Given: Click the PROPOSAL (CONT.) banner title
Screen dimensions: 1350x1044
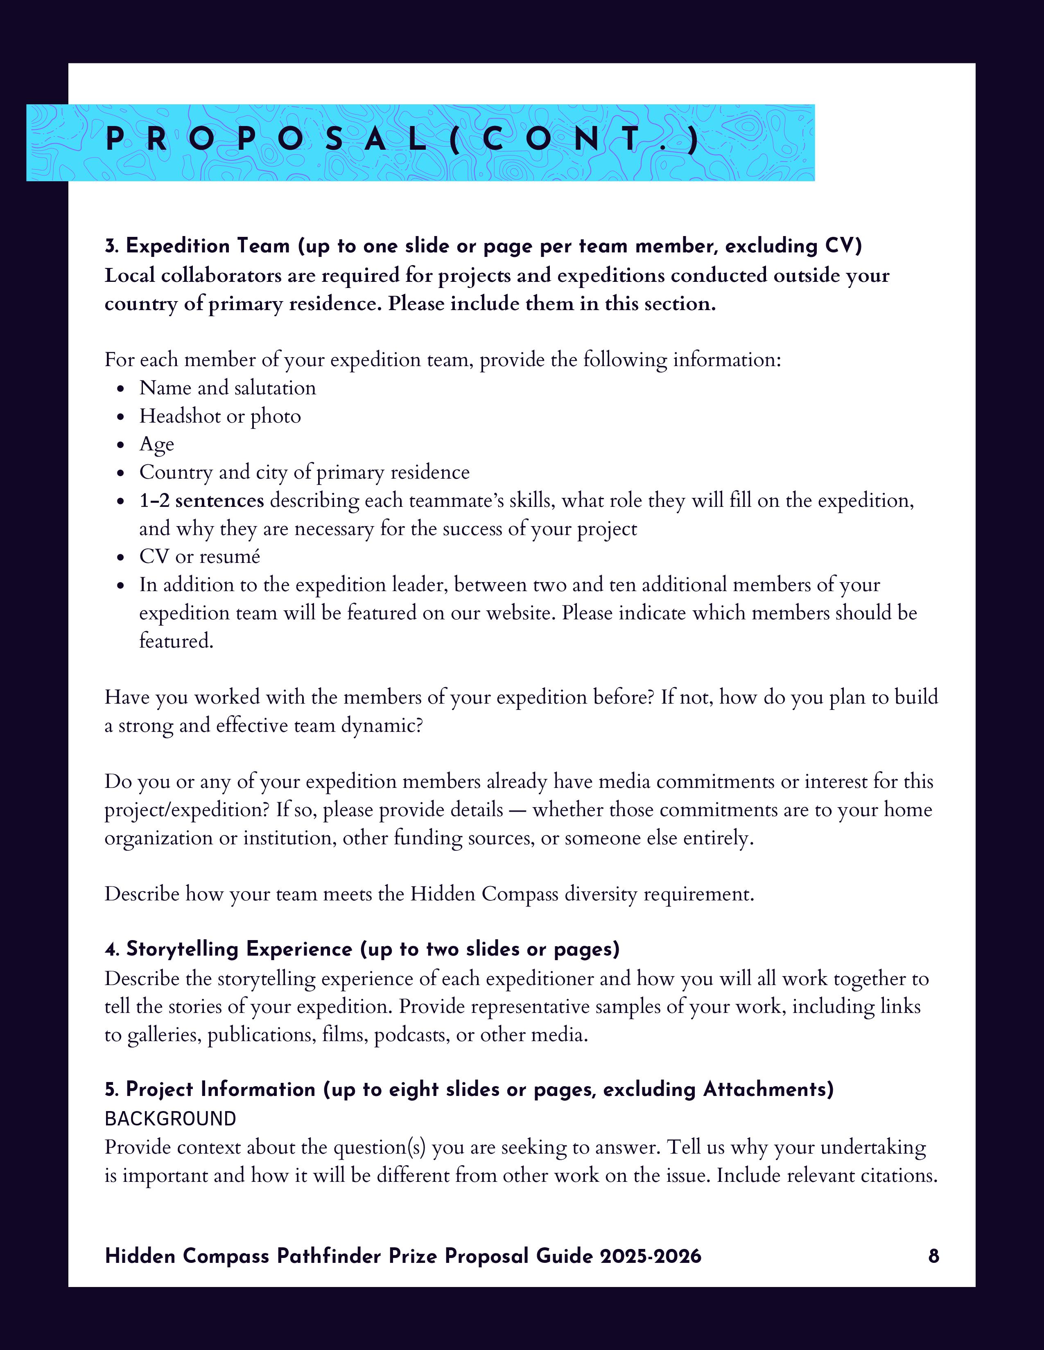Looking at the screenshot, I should [402, 141].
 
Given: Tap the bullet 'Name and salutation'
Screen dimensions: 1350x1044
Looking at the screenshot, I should [228, 387].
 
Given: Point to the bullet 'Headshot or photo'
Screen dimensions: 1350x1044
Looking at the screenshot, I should [220, 416].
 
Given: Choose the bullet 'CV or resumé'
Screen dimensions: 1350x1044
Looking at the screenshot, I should [199, 556].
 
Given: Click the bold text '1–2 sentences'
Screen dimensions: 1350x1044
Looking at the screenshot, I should [201, 500].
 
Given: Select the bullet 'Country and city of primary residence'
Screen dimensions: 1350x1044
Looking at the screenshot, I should [304, 472].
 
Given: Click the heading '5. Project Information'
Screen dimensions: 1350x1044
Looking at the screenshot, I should [210, 1089].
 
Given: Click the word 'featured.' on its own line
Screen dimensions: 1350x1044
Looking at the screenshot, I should [176, 641].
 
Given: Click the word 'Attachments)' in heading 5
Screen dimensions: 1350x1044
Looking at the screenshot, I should [768, 1089].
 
